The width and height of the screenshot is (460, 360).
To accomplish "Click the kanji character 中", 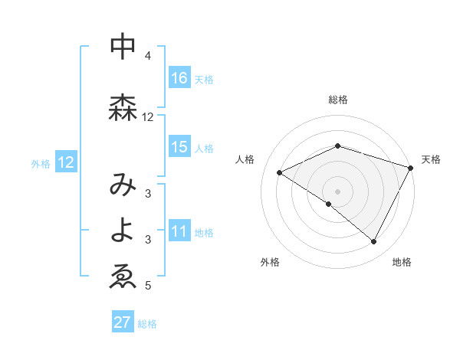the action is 123,47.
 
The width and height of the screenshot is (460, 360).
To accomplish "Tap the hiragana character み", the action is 123,184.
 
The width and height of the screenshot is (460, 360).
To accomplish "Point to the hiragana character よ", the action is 123,231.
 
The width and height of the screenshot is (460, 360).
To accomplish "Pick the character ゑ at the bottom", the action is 123,277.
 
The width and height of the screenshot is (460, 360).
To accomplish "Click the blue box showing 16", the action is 179,78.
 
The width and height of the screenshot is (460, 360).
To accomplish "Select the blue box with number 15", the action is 179,147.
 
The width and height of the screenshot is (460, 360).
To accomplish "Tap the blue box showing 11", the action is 179,232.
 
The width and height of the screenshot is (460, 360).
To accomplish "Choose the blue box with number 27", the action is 123,322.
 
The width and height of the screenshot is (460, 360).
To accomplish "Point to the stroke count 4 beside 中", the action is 148,56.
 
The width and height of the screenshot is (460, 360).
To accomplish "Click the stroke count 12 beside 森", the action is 148,117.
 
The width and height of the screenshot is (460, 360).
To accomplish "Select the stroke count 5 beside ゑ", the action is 148,286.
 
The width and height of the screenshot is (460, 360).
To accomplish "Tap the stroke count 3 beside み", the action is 148,193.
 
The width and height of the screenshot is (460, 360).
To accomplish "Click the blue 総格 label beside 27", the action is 148,324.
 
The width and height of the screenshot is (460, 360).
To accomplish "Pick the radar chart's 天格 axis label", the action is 431,159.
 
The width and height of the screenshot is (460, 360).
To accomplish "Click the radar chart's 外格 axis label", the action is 270,262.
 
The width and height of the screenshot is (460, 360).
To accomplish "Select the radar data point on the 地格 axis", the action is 374,242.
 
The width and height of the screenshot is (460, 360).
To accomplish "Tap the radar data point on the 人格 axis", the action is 280,173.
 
